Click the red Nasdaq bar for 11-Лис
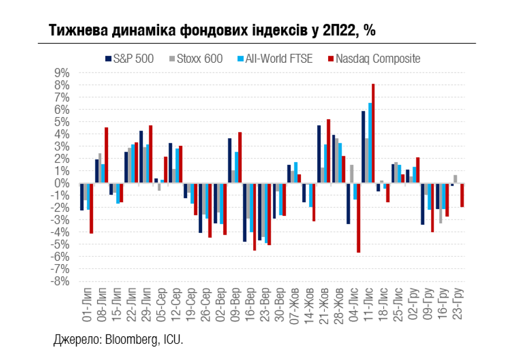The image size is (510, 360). (x=373, y=134)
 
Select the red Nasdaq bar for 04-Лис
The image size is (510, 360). (x=358, y=218)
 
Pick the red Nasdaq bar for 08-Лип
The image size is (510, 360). (x=106, y=155)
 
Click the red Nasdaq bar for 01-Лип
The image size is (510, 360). (x=91, y=208)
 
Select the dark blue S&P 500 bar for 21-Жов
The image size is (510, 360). (x=319, y=154)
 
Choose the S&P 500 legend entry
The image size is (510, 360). (x=129, y=59)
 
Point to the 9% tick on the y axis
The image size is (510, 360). (x=62, y=73)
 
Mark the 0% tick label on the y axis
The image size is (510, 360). (x=62, y=183)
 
